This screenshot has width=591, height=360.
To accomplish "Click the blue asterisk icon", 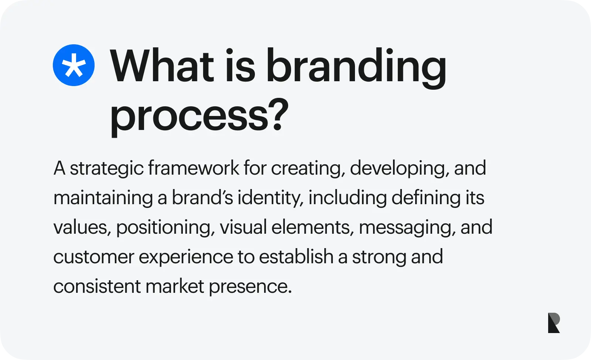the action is click(74, 65).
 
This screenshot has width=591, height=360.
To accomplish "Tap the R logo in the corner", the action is click(554, 323).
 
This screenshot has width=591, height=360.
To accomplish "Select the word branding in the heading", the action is click(356, 68).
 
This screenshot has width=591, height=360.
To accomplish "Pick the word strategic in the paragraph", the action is click(107, 168).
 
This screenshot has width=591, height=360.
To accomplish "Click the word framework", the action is click(194, 168).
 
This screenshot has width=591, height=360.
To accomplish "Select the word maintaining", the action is click(103, 198).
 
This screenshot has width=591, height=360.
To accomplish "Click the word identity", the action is click(270, 198).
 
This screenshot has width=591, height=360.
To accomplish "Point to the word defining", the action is click(426, 198).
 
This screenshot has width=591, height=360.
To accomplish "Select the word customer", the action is click(94, 257).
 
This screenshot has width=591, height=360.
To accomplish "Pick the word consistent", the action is click(97, 287).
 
